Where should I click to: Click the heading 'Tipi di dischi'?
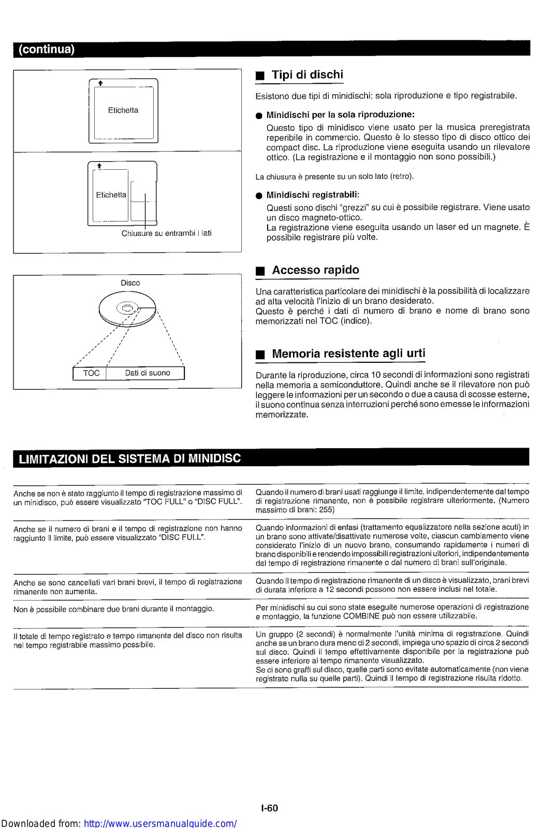(307, 75)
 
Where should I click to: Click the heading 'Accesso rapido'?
(315, 270)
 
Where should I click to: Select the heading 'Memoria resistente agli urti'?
(348, 354)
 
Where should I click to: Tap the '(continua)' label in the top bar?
(47, 50)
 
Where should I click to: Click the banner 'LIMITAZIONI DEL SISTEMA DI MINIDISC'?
(129, 459)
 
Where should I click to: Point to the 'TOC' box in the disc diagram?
(91, 373)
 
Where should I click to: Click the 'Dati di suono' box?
(148, 373)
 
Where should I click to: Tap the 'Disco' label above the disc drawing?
(130, 283)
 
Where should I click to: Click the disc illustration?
(127, 309)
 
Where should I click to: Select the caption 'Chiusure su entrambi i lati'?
(166, 233)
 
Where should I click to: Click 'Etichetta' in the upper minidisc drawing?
(123, 110)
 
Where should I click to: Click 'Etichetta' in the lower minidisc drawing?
(111, 195)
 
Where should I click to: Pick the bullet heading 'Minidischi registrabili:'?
(313, 195)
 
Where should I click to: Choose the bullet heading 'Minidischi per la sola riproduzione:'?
(340, 115)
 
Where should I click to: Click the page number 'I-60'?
(270, 808)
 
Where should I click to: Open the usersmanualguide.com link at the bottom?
(160, 823)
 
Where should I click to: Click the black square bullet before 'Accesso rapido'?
(260, 271)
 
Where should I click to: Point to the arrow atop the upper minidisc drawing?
(100, 83)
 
